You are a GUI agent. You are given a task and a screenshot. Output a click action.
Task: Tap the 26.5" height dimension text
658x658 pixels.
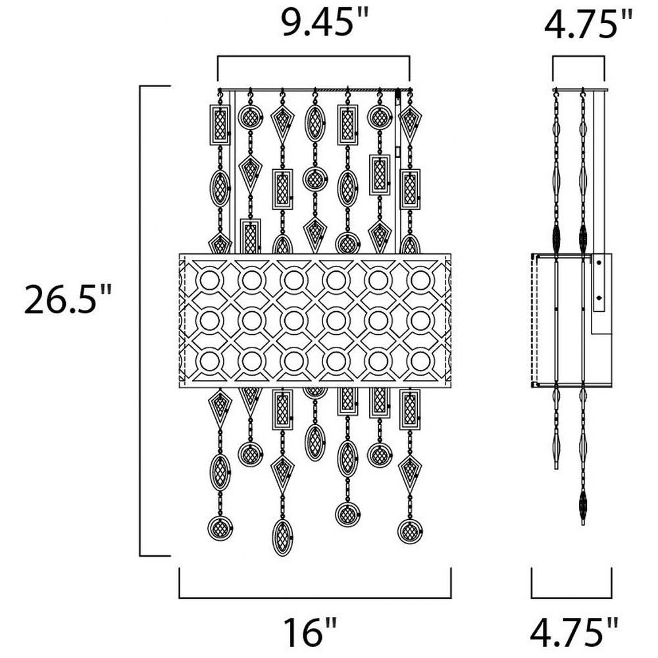[x=68, y=299]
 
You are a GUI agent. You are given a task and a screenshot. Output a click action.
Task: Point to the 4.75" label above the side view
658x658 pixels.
[x=588, y=24]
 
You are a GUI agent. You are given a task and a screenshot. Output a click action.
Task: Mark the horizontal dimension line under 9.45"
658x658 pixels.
[x=313, y=56]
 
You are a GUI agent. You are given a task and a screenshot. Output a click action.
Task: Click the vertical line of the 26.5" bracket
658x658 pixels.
[x=140, y=321]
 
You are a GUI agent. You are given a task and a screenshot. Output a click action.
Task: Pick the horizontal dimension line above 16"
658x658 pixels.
[x=315, y=597]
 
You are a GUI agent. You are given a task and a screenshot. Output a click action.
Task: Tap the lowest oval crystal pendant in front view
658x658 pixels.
[x=282, y=538]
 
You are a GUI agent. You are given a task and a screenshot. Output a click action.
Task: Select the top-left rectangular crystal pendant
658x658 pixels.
[x=220, y=124]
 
